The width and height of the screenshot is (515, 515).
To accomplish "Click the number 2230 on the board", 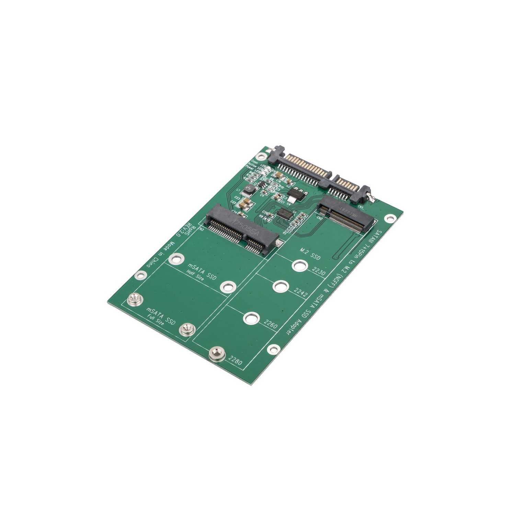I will (319, 272).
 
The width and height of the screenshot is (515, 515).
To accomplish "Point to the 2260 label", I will (271, 324).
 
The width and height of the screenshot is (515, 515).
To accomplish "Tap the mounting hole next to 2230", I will (300, 265).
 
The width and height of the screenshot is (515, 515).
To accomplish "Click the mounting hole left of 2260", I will (251, 318).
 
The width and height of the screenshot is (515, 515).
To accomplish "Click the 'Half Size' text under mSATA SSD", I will (195, 276).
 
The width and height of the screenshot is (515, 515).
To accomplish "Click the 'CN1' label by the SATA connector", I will (360, 207).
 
